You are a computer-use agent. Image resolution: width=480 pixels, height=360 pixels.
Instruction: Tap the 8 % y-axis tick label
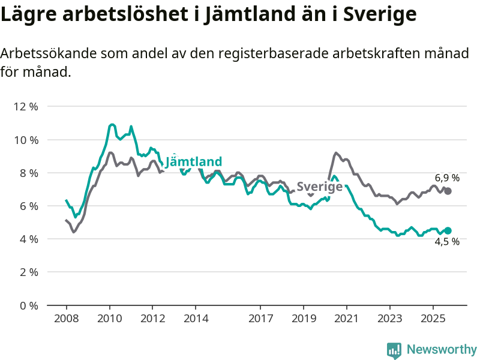click(28, 173)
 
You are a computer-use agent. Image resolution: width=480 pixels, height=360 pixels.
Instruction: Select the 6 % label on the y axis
click(28, 206)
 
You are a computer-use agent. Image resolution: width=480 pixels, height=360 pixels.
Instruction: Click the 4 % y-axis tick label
click(28, 239)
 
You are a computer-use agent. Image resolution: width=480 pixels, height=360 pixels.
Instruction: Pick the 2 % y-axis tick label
click(28, 272)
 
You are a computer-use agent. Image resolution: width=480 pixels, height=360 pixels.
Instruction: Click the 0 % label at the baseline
click(28, 305)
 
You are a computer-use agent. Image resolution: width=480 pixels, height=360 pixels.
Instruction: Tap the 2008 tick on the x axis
click(66, 317)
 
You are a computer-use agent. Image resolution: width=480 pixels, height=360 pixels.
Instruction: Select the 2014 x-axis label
click(196, 317)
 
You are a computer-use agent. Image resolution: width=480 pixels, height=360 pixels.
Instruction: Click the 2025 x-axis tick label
click(433, 317)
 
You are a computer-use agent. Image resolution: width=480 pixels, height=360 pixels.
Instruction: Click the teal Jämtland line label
click(194, 161)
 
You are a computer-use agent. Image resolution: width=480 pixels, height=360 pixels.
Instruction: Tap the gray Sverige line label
click(320, 186)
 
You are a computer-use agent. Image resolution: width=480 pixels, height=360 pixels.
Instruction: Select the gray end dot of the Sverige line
click(448, 191)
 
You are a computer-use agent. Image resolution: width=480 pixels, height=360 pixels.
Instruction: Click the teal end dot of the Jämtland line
click(448, 230)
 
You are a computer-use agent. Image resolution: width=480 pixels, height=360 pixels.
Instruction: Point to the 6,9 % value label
click(447, 178)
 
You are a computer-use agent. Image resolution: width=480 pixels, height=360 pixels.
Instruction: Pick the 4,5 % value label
click(447, 242)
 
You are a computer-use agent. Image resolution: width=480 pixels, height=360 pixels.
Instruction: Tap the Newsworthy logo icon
click(394, 350)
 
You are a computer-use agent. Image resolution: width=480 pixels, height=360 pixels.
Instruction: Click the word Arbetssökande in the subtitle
click(49, 53)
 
